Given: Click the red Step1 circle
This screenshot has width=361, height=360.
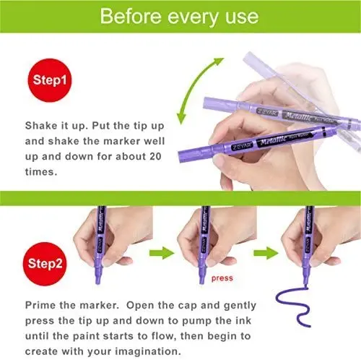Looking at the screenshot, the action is click(50, 80).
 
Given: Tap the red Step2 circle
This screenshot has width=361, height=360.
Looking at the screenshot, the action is click(45, 264).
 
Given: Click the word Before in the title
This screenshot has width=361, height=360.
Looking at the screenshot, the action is click(131, 17).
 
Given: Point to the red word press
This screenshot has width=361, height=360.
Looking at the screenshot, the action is click(222, 278).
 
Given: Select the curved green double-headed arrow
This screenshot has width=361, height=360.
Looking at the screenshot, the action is click(194, 82).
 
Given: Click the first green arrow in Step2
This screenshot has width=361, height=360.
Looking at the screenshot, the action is click(162, 253).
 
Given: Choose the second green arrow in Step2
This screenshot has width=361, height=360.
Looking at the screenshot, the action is click(266, 253).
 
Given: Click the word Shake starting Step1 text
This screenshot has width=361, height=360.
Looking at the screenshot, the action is click(40, 126).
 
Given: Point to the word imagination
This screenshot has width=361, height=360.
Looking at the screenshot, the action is click(147, 351).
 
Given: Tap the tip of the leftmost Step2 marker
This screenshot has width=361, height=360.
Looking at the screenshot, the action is click(97, 283).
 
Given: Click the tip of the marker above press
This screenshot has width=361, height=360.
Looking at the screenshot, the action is click(201, 282).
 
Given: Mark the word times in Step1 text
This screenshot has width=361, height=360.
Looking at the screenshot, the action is click(41, 172).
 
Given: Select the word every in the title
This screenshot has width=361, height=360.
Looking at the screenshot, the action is click(193, 17).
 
